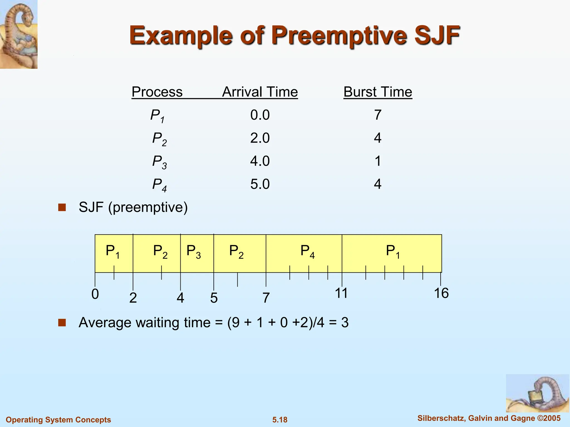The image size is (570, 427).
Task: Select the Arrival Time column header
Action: pos(260,92)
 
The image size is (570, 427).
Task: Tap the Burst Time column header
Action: pos(378,92)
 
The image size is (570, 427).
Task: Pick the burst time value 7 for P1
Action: pos(377,115)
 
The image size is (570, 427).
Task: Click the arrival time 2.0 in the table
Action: pos(260,138)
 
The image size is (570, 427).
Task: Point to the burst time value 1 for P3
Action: pos(378,161)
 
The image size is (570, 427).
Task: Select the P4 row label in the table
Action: pos(159,184)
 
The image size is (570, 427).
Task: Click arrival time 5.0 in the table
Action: pos(260,184)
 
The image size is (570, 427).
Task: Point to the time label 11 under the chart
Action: pos(341,293)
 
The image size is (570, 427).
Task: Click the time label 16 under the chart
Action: pos(441,293)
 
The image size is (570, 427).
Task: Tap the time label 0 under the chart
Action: pos(95,294)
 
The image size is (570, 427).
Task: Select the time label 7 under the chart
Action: pos(266,298)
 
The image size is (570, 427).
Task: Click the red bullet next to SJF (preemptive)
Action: pos(62,207)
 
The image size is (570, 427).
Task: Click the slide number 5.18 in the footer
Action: pos(280,420)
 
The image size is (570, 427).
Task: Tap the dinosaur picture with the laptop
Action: pos(537,393)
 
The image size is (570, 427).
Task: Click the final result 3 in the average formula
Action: pos(345,322)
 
